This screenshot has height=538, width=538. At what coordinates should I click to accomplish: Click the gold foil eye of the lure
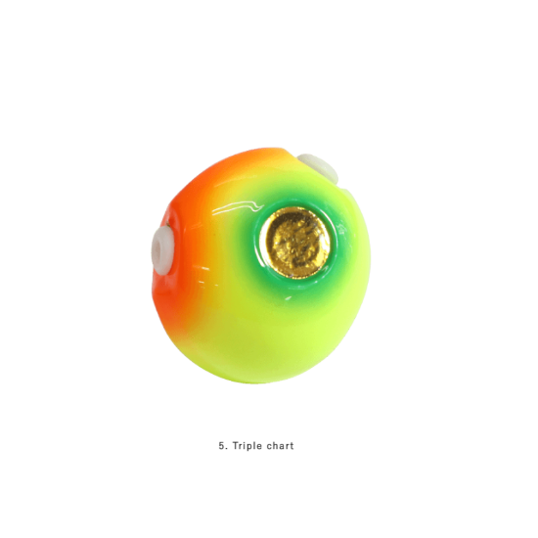295,243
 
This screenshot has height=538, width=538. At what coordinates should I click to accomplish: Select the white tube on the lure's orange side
162,248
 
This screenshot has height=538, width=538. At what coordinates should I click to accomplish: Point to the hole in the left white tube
158,247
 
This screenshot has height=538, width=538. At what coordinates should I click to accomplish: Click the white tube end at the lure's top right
317,167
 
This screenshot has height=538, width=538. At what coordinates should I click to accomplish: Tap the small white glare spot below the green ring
288,297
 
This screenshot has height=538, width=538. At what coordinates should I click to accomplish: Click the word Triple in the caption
247,446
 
